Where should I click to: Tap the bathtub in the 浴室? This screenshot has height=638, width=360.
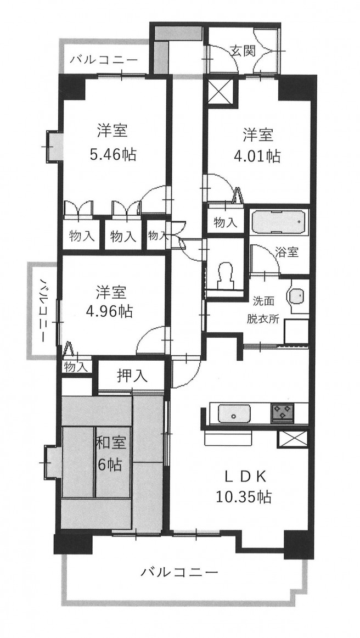point(279,222)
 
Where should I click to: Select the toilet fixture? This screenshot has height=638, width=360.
point(226,275)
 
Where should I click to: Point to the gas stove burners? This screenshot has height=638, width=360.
point(282,412)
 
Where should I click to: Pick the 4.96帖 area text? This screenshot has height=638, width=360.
point(109,311)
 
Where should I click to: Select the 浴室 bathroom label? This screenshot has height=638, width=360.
point(287,252)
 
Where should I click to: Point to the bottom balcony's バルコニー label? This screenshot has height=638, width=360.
point(179,573)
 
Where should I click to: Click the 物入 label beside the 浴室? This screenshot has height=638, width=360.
point(226,222)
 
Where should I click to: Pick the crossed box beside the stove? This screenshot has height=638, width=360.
point(292,439)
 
